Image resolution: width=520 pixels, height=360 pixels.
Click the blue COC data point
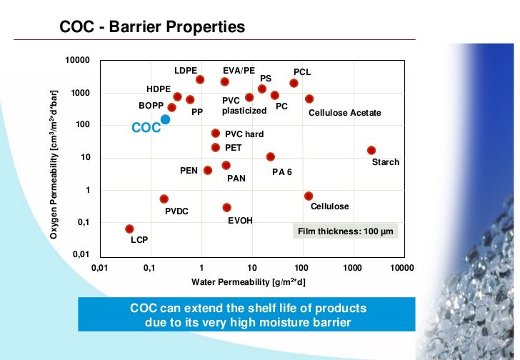pos(165,120)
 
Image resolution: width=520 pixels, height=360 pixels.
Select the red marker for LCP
pos(129,229)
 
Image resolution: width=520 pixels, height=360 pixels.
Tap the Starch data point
pos(371,150)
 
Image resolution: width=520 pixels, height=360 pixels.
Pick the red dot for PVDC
pos(164,199)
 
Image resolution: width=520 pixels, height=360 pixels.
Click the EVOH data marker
pos(226,207)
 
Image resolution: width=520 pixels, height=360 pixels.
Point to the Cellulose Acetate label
pos(344,113)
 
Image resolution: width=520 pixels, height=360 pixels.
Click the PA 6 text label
pos(281,172)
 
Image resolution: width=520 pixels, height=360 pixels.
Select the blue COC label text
pos(146,129)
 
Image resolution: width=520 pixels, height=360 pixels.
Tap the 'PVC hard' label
pos(244,134)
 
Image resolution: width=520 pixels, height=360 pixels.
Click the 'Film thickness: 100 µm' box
pos(344,231)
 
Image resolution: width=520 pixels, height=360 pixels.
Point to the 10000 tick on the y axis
pos(77,61)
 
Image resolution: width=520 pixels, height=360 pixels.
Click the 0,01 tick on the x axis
pos(100,267)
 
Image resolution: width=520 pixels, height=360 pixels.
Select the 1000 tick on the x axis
pos(352,267)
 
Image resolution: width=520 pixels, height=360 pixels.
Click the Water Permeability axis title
pos(248,282)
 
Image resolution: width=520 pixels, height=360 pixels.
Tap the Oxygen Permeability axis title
pos(54,159)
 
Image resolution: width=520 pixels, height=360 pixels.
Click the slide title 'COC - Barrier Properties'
pos(152,27)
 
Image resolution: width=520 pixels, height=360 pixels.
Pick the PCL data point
pos(294,83)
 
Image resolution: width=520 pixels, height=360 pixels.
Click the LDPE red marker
pos(200,79)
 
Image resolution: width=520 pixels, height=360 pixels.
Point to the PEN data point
pos(207,170)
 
